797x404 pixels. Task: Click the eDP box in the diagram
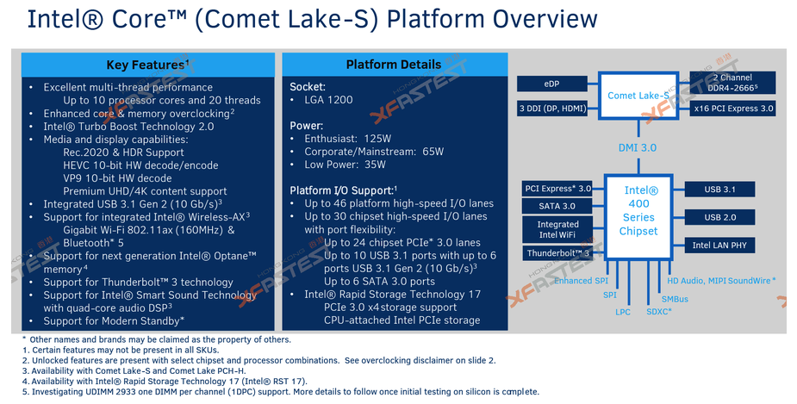(x=551, y=84)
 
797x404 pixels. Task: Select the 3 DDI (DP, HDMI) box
(x=552, y=109)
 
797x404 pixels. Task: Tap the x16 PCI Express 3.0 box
(x=733, y=108)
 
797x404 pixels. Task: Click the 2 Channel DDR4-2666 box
(x=733, y=83)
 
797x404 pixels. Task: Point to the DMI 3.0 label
(x=638, y=148)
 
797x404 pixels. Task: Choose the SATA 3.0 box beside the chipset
(x=557, y=206)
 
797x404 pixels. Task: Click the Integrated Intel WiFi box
(x=557, y=229)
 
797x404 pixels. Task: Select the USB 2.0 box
(x=719, y=217)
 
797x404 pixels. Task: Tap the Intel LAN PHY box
(x=719, y=245)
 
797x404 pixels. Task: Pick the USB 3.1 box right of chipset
(x=719, y=189)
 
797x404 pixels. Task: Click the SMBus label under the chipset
(x=675, y=299)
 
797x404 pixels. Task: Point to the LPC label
(x=623, y=312)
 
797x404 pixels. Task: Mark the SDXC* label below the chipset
(x=659, y=312)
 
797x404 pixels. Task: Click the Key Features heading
(x=147, y=65)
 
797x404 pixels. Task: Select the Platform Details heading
(x=394, y=65)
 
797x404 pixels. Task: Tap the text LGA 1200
(x=328, y=100)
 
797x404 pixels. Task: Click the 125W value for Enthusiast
(x=377, y=138)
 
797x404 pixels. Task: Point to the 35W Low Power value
(x=374, y=165)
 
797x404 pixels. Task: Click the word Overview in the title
(x=545, y=19)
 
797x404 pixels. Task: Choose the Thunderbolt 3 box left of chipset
(x=557, y=253)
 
